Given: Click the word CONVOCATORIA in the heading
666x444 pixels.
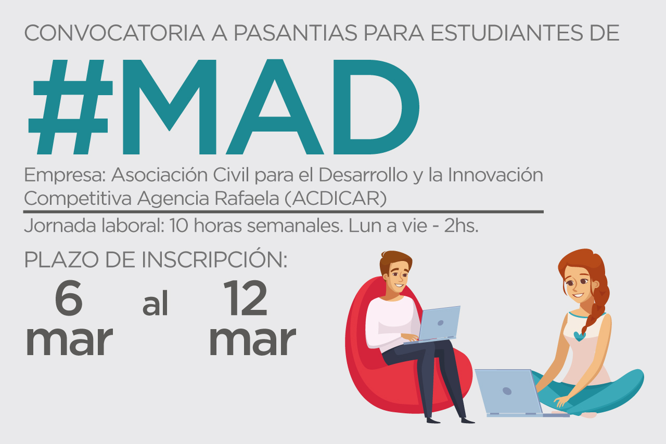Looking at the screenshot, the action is (114, 33).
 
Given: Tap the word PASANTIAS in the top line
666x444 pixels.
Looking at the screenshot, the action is (296, 33).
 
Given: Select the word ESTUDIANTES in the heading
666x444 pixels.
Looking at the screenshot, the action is (507, 33).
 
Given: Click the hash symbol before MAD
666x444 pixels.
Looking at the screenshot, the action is (70, 107).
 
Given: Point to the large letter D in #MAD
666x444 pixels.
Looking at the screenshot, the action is (376, 107).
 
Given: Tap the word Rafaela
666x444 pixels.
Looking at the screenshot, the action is (247, 198).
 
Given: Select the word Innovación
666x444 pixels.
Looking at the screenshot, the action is (495, 175).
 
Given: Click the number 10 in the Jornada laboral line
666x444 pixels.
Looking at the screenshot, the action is (179, 226).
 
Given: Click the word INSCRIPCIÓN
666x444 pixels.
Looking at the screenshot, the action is (214, 259).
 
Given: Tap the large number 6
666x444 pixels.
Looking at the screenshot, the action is (69, 298).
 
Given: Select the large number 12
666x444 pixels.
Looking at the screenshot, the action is (246, 298).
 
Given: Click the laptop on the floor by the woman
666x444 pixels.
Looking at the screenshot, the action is (515, 393).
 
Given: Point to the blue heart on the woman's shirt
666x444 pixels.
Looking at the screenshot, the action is (580, 336).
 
